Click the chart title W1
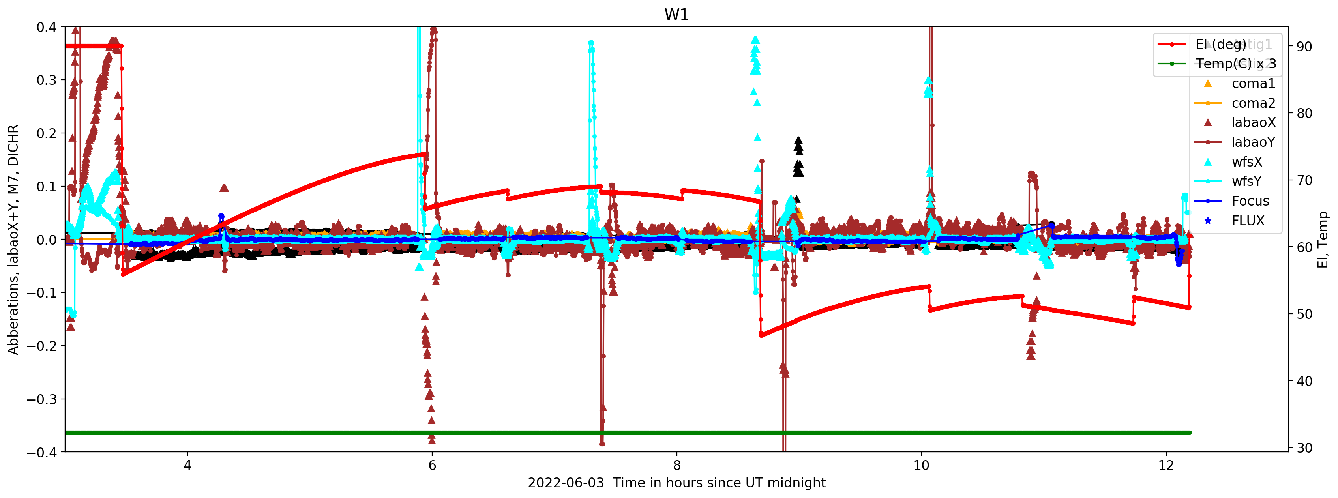[x=676, y=15]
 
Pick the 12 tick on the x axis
[x=1166, y=465]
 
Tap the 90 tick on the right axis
[x=1304, y=47]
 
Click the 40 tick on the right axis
[x=1304, y=381]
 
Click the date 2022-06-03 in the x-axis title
[x=566, y=483]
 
